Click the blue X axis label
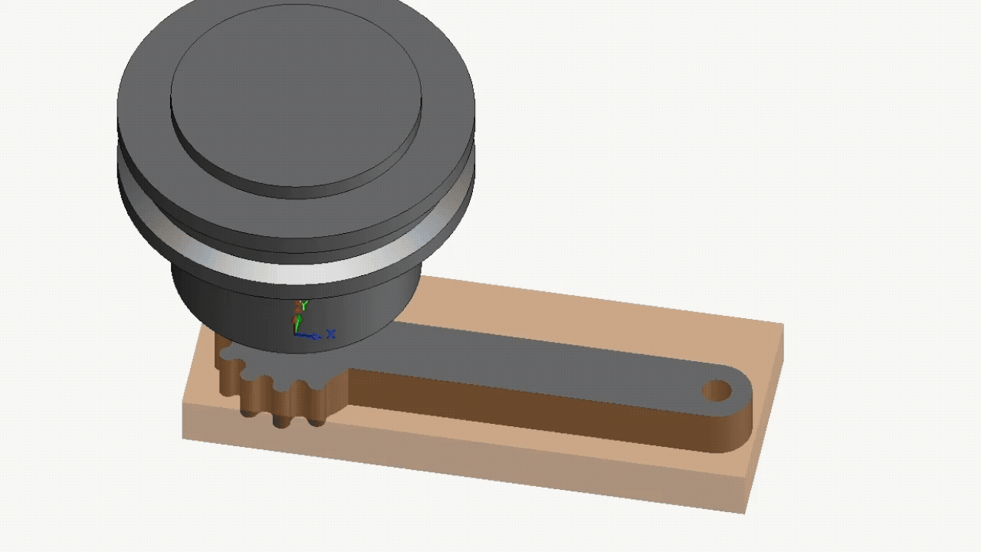point(331,334)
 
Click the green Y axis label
point(304,306)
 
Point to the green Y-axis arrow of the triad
point(297,322)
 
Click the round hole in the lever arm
point(717,391)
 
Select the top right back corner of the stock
point(782,325)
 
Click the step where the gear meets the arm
point(349,379)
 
